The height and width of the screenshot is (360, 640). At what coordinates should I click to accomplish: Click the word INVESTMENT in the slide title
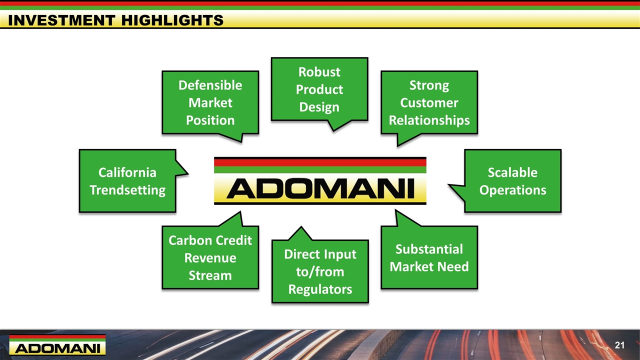[x=61, y=20]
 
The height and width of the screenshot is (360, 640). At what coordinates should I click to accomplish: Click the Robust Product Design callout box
[x=319, y=89]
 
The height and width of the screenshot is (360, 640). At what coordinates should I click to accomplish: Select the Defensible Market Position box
[x=210, y=102]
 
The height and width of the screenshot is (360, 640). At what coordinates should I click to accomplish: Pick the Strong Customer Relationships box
[x=429, y=102]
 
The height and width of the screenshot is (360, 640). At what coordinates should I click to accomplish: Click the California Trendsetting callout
[x=127, y=181]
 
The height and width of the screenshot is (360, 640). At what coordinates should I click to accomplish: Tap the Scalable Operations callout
[x=513, y=181]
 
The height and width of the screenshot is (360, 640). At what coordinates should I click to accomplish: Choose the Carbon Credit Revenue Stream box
[x=210, y=257]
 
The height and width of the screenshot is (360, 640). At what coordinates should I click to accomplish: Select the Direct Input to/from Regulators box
[x=320, y=271]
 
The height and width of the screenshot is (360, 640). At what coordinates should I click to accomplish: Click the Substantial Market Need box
[x=429, y=257]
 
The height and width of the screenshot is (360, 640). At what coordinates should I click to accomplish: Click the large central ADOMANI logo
[x=320, y=181]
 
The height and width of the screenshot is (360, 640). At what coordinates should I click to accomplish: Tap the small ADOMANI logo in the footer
[x=57, y=344]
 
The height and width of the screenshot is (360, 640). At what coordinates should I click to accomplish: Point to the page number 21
[x=619, y=345]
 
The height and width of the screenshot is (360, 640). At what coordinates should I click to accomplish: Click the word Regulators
[x=320, y=289]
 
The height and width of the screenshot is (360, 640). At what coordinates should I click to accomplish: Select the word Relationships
[x=429, y=120]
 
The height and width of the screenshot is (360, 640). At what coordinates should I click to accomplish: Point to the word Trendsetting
[x=127, y=190]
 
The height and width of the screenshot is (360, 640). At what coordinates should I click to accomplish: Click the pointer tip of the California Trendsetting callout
[x=188, y=173]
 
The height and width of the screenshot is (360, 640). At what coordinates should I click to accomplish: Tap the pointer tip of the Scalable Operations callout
[x=448, y=185]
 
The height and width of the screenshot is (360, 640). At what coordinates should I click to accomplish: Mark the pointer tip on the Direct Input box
[x=301, y=226]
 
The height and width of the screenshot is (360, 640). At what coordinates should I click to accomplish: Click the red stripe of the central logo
[x=320, y=162]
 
